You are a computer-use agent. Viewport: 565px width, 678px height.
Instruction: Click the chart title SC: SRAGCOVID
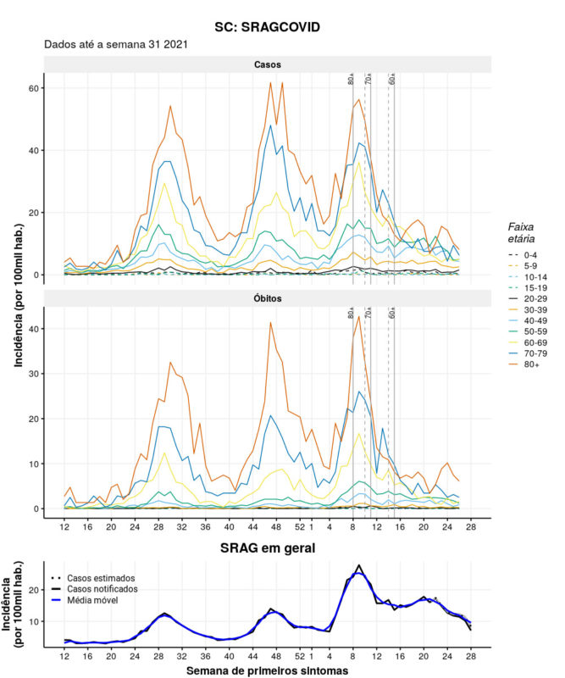(267, 27)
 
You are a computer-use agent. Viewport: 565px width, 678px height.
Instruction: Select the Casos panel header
(267, 64)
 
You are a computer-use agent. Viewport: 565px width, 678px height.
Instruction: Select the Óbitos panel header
(267, 300)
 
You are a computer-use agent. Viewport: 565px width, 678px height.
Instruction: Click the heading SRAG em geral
(267, 548)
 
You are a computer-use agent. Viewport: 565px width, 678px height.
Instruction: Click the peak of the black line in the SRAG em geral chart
(358, 565)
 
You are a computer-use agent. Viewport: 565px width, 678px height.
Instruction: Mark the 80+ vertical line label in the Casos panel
(352, 79)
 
